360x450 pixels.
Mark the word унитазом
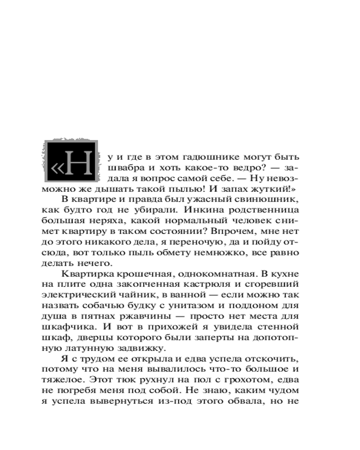[x=181, y=306]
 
